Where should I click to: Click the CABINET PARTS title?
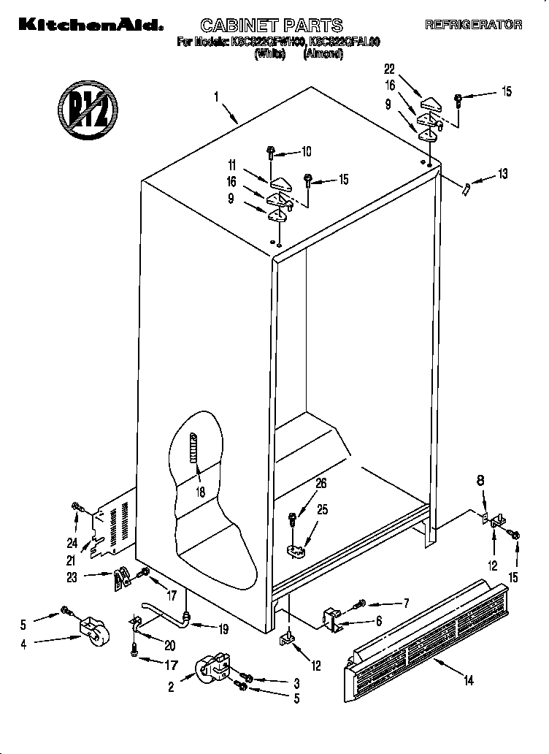tap(261, 26)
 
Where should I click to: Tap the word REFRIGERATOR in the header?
tap(473, 25)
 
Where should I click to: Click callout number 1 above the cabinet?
tap(216, 96)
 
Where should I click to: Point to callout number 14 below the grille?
tap(468, 681)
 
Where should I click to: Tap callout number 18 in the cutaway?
tap(199, 492)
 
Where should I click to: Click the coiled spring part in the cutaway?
tap(194, 456)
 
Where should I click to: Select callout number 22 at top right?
tap(389, 69)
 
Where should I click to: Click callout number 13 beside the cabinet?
tap(502, 174)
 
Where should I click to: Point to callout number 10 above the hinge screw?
tap(305, 152)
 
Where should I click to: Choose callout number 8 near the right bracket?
tap(480, 481)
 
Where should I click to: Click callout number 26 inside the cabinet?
tap(320, 483)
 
